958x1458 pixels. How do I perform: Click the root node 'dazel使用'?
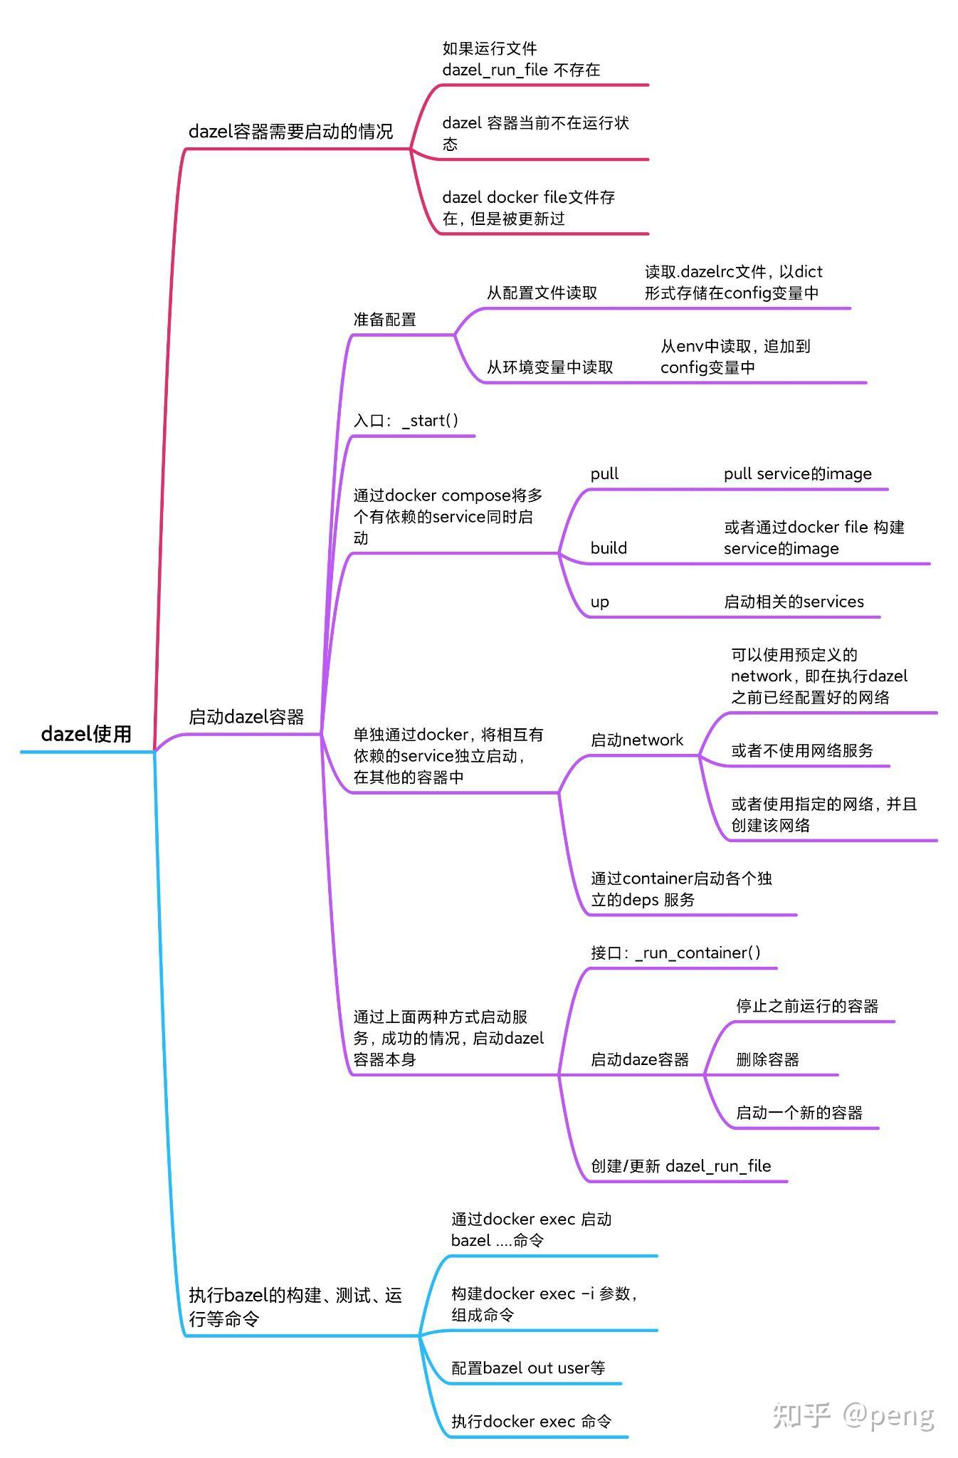[x=86, y=734]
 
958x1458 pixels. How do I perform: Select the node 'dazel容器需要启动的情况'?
[x=290, y=132]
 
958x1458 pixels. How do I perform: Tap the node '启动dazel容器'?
[x=246, y=717]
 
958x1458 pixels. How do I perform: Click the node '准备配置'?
[x=384, y=320]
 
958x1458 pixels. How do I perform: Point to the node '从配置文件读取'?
[x=542, y=293]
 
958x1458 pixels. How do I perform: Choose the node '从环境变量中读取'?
[x=549, y=367]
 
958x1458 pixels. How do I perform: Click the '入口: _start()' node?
[x=406, y=421]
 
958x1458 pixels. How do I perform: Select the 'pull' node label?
[x=604, y=474]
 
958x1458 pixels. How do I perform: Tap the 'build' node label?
[x=609, y=548]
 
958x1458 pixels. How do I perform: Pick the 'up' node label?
[x=600, y=602]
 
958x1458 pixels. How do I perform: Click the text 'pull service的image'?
[x=797, y=474]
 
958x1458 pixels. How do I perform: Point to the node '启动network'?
[x=636, y=740]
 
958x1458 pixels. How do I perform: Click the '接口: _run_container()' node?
[x=675, y=953]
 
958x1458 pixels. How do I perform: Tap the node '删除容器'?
[x=767, y=1060]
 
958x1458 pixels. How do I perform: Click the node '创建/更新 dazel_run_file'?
[x=680, y=1166]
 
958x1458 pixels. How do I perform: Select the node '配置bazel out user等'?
[x=528, y=1368]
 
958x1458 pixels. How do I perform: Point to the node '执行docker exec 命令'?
[x=531, y=1422]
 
